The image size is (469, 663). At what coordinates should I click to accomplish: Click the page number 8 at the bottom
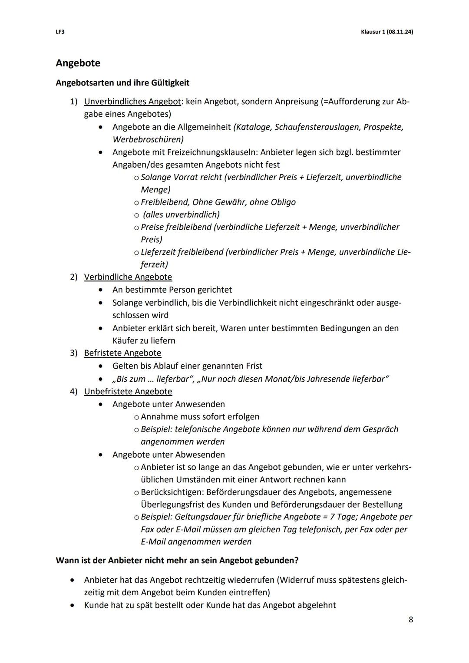pyautogui.click(x=410, y=620)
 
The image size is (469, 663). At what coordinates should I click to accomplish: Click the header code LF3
pyautogui.click(x=60, y=32)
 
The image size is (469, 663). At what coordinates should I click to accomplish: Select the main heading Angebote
pyautogui.click(x=78, y=63)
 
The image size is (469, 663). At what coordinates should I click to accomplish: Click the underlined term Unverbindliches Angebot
pyautogui.click(x=132, y=102)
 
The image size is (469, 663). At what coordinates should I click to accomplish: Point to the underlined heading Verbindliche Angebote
pyautogui.click(x=128, y=277)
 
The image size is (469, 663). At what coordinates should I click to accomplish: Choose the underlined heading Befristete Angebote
pyautogui.click(x=122, y=353)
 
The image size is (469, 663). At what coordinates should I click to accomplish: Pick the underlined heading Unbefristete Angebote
pyautogui.click(x=128, y=392)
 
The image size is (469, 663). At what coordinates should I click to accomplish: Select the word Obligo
pyautogui.click(x=283, y=202)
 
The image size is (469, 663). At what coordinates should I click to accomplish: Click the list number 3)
pyautogui.click(x=74, y=353)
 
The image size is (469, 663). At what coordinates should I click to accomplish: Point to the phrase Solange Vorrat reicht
pyautogui.click(x=182, y=177)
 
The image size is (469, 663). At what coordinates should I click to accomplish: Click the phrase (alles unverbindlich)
pyautogui.click(x=181, y=214)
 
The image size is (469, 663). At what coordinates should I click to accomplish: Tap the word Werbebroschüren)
pyautogui.click(x=148, y=139)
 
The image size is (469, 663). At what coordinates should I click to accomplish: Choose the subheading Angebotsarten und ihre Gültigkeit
pyautogui.click(x=122, y=82)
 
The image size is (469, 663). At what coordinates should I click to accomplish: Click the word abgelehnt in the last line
pyautogui.click(x=316, y=605)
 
